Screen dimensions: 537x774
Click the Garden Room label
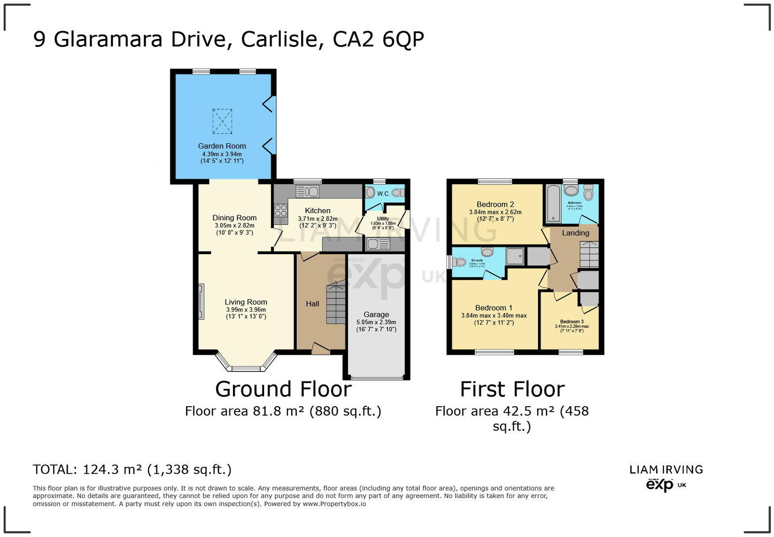click(x=222, y=146)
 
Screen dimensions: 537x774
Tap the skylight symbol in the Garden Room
click(x=222, y=121)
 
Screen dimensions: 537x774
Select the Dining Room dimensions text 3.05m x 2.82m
click(x=234, y=226)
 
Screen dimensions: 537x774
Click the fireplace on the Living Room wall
click(x=201, y=302)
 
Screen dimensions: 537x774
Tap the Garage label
click(x=376, y=314)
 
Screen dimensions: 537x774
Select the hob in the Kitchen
click(x=281, y=211)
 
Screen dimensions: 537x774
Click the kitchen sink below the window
click(x=307, y=192)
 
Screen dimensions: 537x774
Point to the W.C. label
click(x=384, y=193)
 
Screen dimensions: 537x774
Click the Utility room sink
click(x=378, y=244)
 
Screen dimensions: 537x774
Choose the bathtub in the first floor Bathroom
click(x=553, y=203)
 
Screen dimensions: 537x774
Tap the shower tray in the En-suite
click(x=515, y=256)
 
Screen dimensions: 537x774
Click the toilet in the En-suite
click(x=459, y=262)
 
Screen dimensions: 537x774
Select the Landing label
click(x=576, y=233)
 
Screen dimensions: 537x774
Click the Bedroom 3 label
click(x=572, y=322)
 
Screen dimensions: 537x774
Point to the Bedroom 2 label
click(x=495, y=204)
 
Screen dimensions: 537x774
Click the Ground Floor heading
click(x=283, y=389)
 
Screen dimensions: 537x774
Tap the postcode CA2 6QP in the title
click(x=378, y=39)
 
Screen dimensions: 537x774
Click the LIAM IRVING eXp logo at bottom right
click(x=666, y=477)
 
